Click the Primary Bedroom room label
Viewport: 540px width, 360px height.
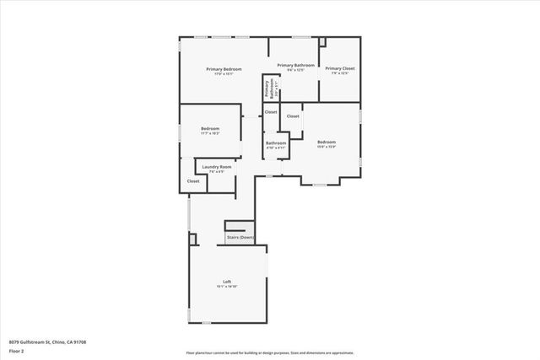click(x=225, y=68)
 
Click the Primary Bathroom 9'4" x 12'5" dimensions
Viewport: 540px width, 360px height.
click(x=296, y=71)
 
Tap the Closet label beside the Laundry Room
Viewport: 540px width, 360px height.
click(x=193, y=181)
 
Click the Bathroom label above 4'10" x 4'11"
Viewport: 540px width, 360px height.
click(x=276, y=143)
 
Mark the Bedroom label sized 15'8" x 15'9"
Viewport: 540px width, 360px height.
click(x=327, y=142)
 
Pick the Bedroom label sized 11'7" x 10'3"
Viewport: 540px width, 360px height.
click(x=210, y=129)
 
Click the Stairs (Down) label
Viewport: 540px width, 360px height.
click(x=240, y=238)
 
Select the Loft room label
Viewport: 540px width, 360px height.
click(x=227, y=282)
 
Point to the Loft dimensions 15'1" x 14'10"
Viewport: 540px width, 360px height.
click(x=227, y=287)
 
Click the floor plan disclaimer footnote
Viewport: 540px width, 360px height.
click(x=270, y=353)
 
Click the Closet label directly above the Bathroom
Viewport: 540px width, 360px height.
click(x=271, y=112)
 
